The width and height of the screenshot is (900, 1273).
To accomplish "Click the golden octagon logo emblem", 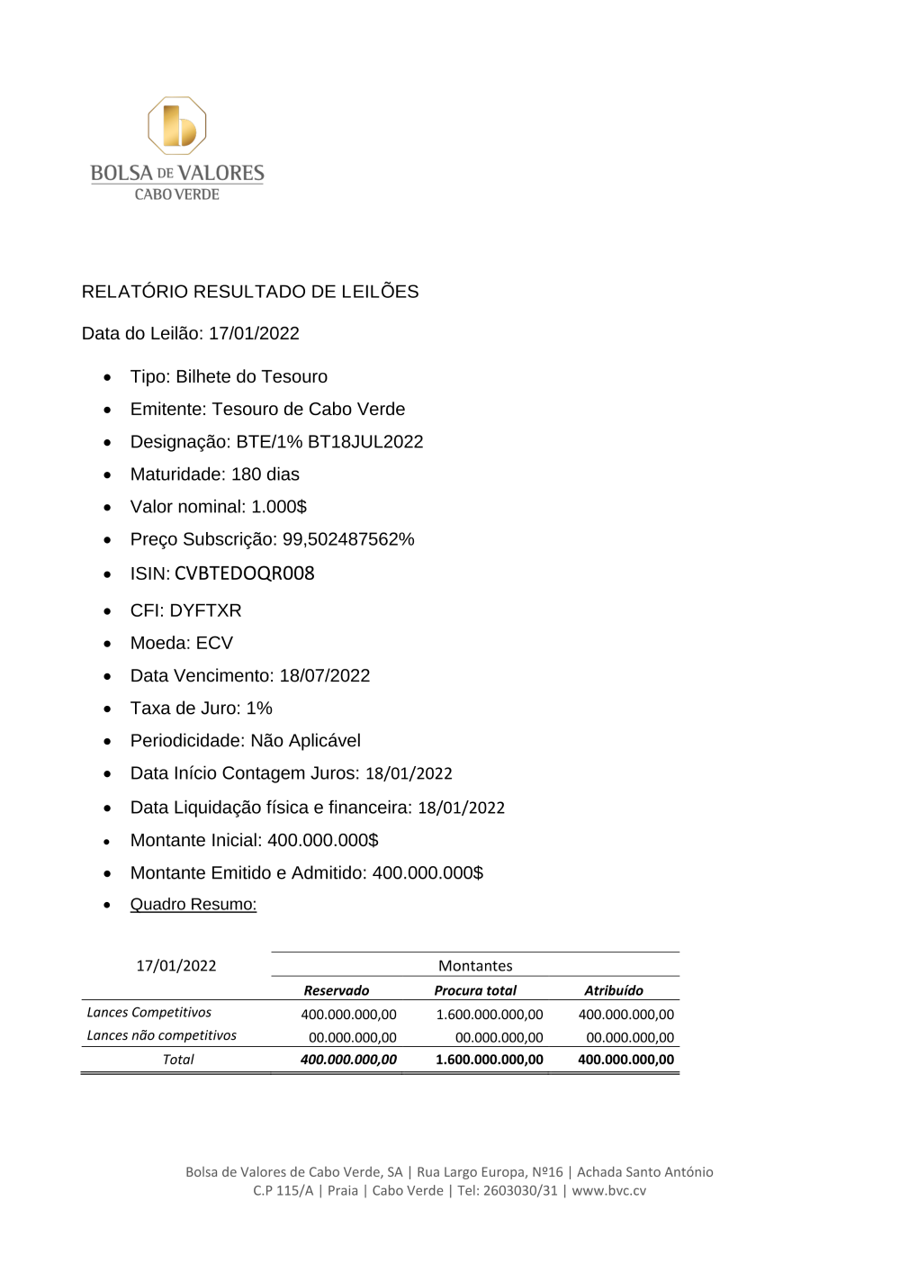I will pyautogui.click(x=177, y=125).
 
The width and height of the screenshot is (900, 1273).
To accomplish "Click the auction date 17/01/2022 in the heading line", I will pyautogui.click(x=254, y=333).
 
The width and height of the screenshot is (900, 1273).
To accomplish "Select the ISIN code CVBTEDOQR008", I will pyautogui.click(x=244, y=573).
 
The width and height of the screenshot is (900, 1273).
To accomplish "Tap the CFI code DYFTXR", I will pyautogui.click(x=205, y=610).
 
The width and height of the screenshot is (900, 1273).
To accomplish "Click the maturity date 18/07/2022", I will pyautogui.click(x=324, y=675).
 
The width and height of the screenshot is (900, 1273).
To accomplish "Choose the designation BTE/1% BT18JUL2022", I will pyautogui.click(x=329, y=442).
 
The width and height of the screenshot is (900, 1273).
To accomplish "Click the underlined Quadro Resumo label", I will pyautogui.click(x=193, y=904).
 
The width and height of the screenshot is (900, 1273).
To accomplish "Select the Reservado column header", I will pyautogui.click(x=336, y=990).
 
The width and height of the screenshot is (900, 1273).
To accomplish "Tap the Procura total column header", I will pyautogui.click(x=475, y=990).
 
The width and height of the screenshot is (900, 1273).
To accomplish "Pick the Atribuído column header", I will pyautogui.click(x=614, y=990).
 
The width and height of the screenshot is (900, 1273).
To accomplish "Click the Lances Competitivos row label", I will pyautogui.click(x=148, y=1013).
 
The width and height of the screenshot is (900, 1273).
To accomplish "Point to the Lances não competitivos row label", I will pyautogui.click(x=161, y=1035).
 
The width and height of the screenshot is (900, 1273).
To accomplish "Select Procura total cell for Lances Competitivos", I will pyautogui.click(x=489, y=1015).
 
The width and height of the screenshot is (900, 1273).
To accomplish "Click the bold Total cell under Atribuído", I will pyautogui.click(x=625, y=1060).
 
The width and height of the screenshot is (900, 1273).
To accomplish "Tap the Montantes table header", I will pyautogui.click(x=475, y=965).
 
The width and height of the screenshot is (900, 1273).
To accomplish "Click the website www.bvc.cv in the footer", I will pyautogui.click(x=608, y=1190).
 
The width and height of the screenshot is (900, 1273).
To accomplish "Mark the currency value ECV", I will pyautogui.click(x=214, y=643).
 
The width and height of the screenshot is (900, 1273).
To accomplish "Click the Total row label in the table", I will pyautogui.click(x=178, y=1060).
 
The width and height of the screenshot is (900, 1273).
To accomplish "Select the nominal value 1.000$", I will pyautogui.click(x=279, y=507).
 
